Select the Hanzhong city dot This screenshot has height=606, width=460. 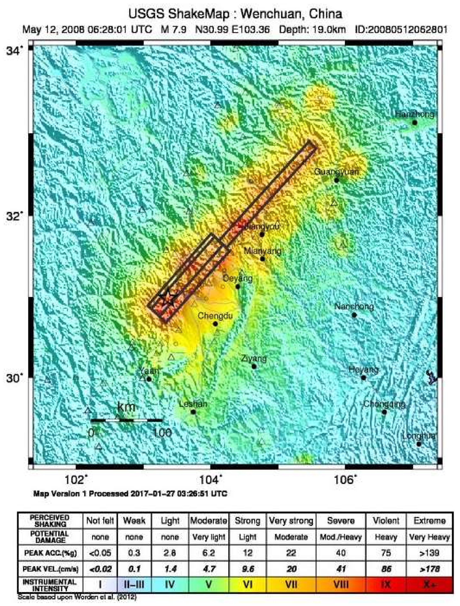pos(415,122)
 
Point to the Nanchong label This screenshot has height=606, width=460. pos(354,306)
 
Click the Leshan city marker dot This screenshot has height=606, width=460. pos(193,412)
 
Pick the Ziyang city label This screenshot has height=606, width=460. pos(254,358)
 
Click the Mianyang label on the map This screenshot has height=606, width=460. pos(262,251)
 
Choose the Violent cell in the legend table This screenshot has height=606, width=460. pos(386,520)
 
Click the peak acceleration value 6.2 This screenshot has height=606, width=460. pos(208,553)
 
